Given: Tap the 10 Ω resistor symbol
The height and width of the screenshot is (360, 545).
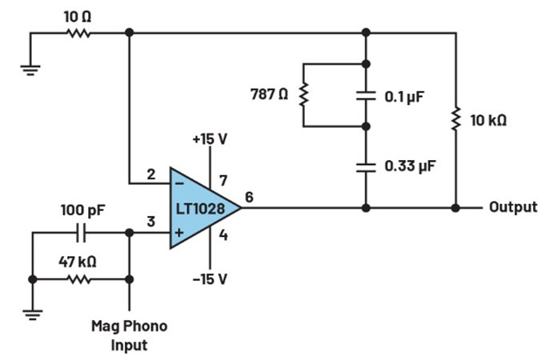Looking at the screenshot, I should pos(78,33).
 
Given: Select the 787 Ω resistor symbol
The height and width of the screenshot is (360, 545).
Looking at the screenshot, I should pos(303,95).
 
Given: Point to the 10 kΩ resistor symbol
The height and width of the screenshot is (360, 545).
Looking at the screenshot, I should pos(456,120).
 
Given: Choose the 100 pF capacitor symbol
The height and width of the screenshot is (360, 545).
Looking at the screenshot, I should pos(80,234).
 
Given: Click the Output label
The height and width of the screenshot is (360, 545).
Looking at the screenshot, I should pos(513,207).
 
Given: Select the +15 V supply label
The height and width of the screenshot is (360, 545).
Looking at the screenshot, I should pos(210,138).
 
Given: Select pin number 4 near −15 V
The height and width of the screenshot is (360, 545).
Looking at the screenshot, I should pos(223,235).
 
